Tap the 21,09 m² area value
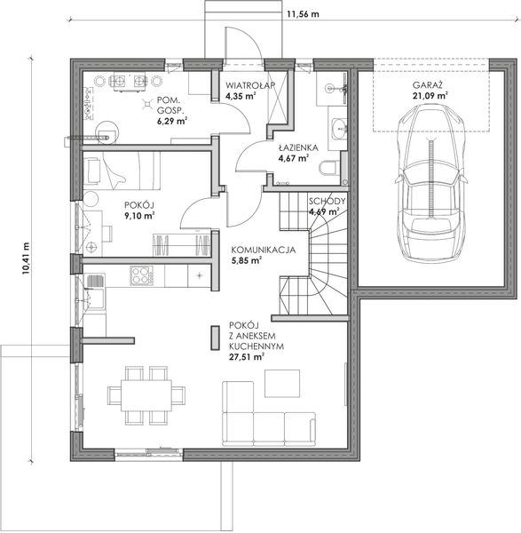pos(430,96)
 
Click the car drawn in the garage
pos(430,183)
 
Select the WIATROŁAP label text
pos(250,85)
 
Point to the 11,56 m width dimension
pos(303,14)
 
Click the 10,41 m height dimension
pos(26,259)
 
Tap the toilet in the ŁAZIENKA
pos(329,168)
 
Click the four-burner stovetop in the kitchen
pos(141,275)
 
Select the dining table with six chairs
pos(146,395)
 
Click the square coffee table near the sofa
pos(282,384)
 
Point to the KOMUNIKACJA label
pos(264,250)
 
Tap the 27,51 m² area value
pos(247,357)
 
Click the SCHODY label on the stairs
pos(328,201)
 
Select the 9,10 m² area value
pos(140,216)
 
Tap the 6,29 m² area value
pos(172,122)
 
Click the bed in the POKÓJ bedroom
pos(122,171)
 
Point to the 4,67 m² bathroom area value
pos(294,158)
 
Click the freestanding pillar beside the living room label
pos(215,338)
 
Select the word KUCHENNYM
pos(257,346)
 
